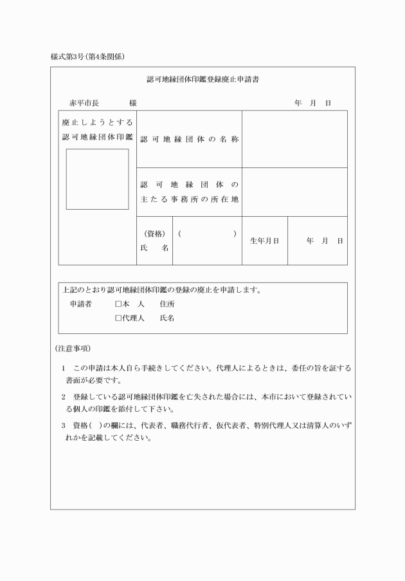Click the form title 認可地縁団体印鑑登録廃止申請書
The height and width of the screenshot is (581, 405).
203,80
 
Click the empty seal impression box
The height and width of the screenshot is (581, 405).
97,179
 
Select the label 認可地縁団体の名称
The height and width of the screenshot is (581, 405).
189,140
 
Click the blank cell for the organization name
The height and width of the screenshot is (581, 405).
294,139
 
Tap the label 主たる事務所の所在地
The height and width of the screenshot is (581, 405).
189,192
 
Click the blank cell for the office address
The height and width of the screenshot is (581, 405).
294,192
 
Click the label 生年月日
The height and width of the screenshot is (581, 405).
264,241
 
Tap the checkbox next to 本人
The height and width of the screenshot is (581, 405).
118,304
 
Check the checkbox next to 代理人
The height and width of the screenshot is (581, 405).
118,318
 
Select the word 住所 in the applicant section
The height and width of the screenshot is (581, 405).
167,304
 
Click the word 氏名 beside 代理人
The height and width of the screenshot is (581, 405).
167,318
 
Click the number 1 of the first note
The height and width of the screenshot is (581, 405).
64,368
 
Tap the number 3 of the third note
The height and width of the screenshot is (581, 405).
64,426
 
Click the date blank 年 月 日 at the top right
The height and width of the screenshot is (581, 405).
312,103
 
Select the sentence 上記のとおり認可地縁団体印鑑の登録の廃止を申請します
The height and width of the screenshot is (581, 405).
161,290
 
